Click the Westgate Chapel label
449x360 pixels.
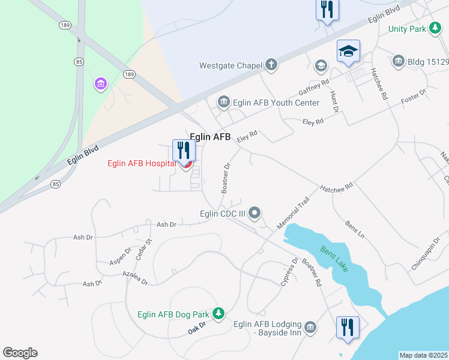coord(231,65)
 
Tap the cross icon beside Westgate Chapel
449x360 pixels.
coord(271,65)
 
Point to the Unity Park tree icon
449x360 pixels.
coord(435,29)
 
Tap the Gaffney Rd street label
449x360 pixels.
coord(314,88)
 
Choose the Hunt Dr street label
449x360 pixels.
coord(334,101)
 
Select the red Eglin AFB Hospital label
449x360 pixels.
coord(142,163)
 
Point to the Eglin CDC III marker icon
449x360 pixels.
coord(255,212)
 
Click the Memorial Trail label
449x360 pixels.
coord(293,212)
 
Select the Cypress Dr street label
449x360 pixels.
coord(289,272)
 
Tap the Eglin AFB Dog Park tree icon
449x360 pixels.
coord(219,313)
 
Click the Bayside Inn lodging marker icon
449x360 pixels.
coord(310,327)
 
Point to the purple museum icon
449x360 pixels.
coord(100,84)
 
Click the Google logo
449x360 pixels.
coord(20,353)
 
